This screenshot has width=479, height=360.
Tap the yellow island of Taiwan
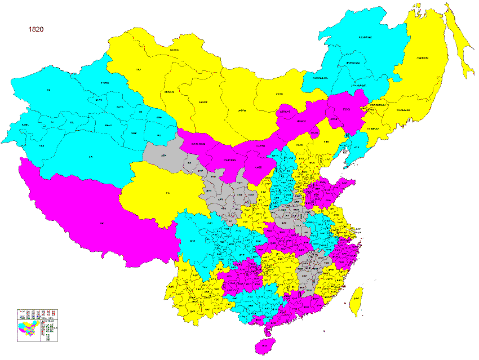coord(356,299)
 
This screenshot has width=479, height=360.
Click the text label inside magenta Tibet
coord(102,224)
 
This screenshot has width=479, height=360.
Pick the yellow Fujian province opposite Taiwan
coord(330,285)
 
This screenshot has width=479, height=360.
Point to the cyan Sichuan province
coord(203,237)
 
